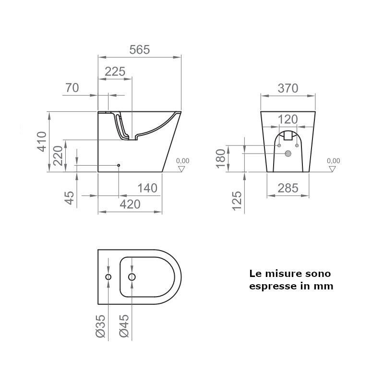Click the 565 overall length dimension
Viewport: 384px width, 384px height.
(139, 50)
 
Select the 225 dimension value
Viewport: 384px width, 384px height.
(115, 72)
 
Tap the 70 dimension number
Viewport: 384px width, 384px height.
(72, 88)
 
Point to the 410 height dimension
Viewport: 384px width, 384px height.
(42, 142)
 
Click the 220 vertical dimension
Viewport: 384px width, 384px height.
(58, 156)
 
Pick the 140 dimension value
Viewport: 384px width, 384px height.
(147, 188)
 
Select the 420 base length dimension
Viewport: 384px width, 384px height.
(130, 204)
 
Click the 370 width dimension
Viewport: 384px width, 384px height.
(288, 88)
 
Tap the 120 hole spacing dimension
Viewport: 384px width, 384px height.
(288, 119)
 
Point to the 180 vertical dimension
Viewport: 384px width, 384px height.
(221, 159)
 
